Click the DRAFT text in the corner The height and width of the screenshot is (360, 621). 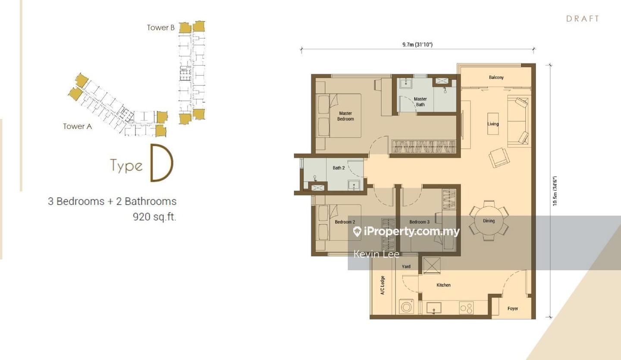point(583,19)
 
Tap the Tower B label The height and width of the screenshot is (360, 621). point(160,28)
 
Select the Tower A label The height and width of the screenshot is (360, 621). point(77,126)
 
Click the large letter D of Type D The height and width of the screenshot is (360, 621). point(161,163)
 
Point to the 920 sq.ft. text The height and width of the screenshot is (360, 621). point(154,216)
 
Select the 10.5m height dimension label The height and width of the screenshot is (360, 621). point(555,191)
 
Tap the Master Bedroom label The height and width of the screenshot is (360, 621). point(345,116)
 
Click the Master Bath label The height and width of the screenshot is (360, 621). point(420,101)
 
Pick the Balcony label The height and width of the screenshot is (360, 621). point(496,78)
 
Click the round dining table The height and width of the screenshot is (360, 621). point(489,221)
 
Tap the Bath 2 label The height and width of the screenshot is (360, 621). point(339,168)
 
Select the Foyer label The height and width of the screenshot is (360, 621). point(512,309)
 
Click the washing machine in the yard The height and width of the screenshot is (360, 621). point(407,307)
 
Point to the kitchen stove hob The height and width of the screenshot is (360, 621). point(466,308)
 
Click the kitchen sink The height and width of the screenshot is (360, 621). point(433,308)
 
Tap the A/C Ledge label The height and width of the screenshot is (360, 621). point(383,285)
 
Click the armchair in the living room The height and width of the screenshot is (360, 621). point(499,157)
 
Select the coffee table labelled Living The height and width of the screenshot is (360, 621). point(493,124)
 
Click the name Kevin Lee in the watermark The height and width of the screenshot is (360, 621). point(376,254)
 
